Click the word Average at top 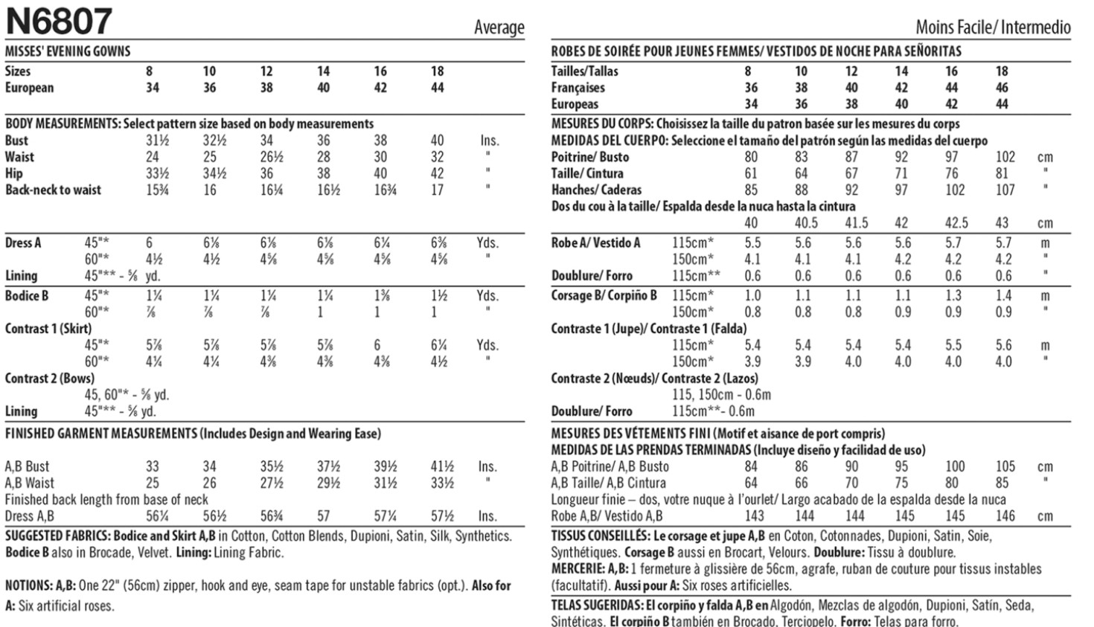(499, 28)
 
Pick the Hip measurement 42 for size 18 (437, 173)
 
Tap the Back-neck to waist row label (53, 190)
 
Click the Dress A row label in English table (23, 242)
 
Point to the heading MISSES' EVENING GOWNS (68, 51)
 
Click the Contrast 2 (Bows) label (50, 378)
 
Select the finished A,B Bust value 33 (153, 466)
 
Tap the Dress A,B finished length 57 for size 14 (324, 515)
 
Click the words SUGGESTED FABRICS (58, 536)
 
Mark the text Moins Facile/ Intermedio (993, 28)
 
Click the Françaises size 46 (1002, 88)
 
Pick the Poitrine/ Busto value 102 (1005, 157)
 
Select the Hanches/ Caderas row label (596, 190)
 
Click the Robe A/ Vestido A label (595, 242)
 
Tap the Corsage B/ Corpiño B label (604, 295)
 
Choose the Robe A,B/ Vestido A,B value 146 (1005, 515)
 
